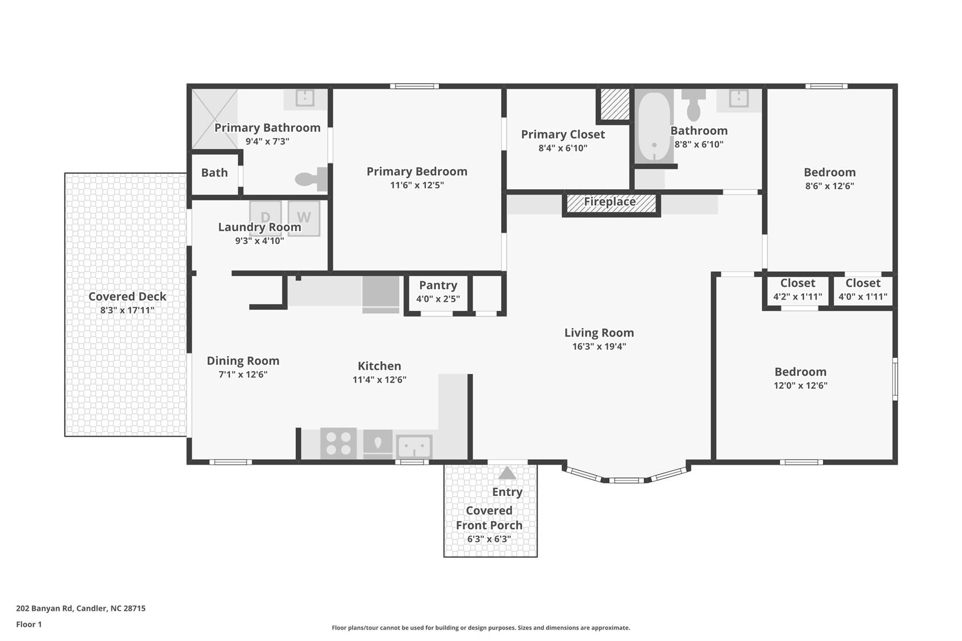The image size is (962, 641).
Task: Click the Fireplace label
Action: click(x=610, y=202)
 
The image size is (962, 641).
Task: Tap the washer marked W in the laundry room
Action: click(x=304, y=218)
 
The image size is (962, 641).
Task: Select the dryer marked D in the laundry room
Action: click(x=265, y=218)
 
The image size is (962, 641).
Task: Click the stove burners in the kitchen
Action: click(x=338, y=443)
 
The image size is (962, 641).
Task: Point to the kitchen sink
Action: click(x=414, y=446)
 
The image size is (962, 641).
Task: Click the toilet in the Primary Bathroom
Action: click(x=311, y=179)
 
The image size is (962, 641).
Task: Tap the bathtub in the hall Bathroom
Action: click(x=654, y=127)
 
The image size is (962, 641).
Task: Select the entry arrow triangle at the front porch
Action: click(x=507, y=473)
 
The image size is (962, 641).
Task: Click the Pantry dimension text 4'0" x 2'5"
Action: click(x=438, y=299)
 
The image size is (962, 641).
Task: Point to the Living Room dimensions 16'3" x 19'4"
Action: click(x=599, y=347)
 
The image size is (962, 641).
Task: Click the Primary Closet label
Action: click(x=563, y=134)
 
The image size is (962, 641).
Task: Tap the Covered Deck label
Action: click(x=127, y=296)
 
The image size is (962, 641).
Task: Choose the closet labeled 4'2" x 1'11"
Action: click(x=798, y=290)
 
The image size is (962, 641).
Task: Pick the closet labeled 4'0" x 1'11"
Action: click(x=863, y=290)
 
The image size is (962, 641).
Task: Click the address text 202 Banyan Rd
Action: click(x=45, y=608)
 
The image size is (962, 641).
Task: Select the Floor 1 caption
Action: click(x=29, y=624)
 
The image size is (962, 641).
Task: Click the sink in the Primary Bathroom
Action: click(x=305, y=98)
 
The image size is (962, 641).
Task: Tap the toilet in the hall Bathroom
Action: click(x=693, y=105)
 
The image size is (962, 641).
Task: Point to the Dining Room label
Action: click(x=243, y=361)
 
